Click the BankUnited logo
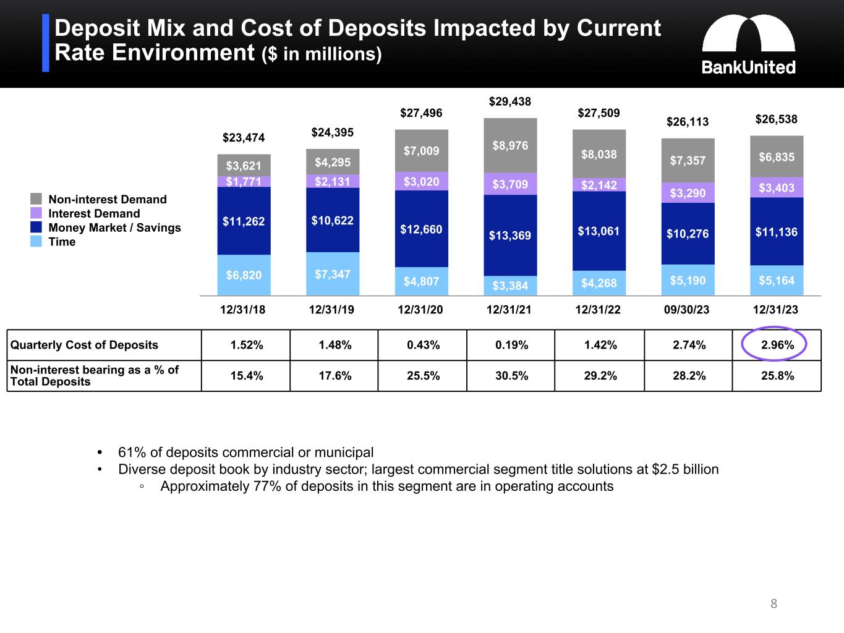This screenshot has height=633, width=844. point(748,45)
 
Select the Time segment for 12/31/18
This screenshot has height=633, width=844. point(244,275)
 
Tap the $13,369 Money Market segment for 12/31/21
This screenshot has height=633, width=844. point(510,235)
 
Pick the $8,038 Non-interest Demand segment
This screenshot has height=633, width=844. point(599,154)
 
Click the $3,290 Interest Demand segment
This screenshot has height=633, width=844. point(688,193)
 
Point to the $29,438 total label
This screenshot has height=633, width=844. point(510,101)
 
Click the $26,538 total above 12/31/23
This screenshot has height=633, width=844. point(777,119)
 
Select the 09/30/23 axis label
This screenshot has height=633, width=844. point(687,310)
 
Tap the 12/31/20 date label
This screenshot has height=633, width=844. point(421,310)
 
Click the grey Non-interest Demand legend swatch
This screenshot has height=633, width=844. point(36,199)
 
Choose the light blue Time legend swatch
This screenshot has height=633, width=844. point(36,242)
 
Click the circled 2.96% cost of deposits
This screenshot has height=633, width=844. point(777,345)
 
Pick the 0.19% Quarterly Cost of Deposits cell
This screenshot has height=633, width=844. point(511,345)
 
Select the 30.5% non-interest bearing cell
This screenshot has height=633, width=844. point(511,376)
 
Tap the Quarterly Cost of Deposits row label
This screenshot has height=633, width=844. point(85,345)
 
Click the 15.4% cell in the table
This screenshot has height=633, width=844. point(246,376)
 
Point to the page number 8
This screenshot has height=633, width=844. point(774,603)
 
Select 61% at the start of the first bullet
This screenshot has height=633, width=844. point(129,452)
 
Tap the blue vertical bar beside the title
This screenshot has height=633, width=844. point(46,43)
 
